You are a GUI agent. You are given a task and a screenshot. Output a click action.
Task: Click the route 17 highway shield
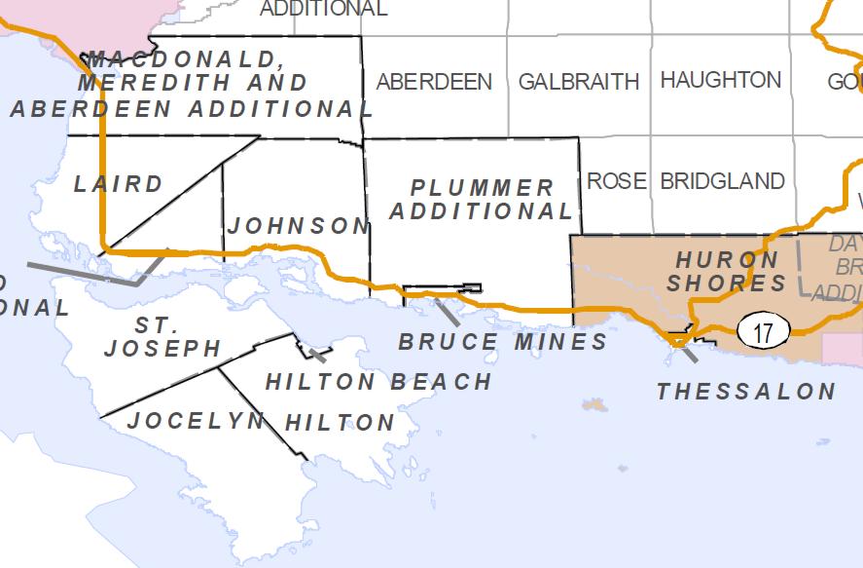pyautogui.click(x=763, y=332)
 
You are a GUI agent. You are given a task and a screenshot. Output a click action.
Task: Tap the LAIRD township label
pyautogui.click(x=119, y=184)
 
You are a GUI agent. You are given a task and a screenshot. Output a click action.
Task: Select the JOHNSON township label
pyautogui.click(x=298, y=226)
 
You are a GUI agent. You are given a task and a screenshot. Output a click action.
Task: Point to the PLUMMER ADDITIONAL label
pyautogui.click(x=483, y=199)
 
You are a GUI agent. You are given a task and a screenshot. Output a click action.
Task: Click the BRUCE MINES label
pyautogui.click(x=503, y=342)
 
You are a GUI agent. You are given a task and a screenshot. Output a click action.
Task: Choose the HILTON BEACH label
pyautogui.click(x=378, y=381)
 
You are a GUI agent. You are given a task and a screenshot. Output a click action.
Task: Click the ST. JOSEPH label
pyautogui.click(x=162, y=336)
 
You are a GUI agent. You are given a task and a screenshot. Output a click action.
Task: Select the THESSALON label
pyautogui.click(x=746, y=392)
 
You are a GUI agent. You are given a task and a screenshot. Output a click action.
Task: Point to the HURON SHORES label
pyautogui.click(x=729, y=272)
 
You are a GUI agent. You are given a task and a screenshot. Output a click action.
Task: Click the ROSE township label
pyautogui.click(x=616, y=181)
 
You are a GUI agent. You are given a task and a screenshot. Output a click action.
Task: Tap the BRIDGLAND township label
pyautogui.click(x=722, y=181)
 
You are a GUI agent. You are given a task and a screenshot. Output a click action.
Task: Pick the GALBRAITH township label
pyautogui.click(x=579, y=81)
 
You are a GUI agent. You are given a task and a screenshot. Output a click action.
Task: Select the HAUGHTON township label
pyautogui.click(x=720, y=80)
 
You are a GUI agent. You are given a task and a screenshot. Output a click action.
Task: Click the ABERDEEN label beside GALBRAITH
pyautogui.click(x=434, y=82)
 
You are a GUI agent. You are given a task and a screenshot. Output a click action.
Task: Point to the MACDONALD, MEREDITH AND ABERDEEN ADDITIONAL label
pyautogui.click(x=191, y=84)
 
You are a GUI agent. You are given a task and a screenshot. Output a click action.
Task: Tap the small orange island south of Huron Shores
pyautogui.click(x=593, y=403)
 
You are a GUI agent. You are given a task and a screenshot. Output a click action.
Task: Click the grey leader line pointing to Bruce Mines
pyautogui.click(x=448, y=312)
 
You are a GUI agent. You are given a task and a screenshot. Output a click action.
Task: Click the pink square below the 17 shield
pyautogui.click(x=842, y=349)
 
